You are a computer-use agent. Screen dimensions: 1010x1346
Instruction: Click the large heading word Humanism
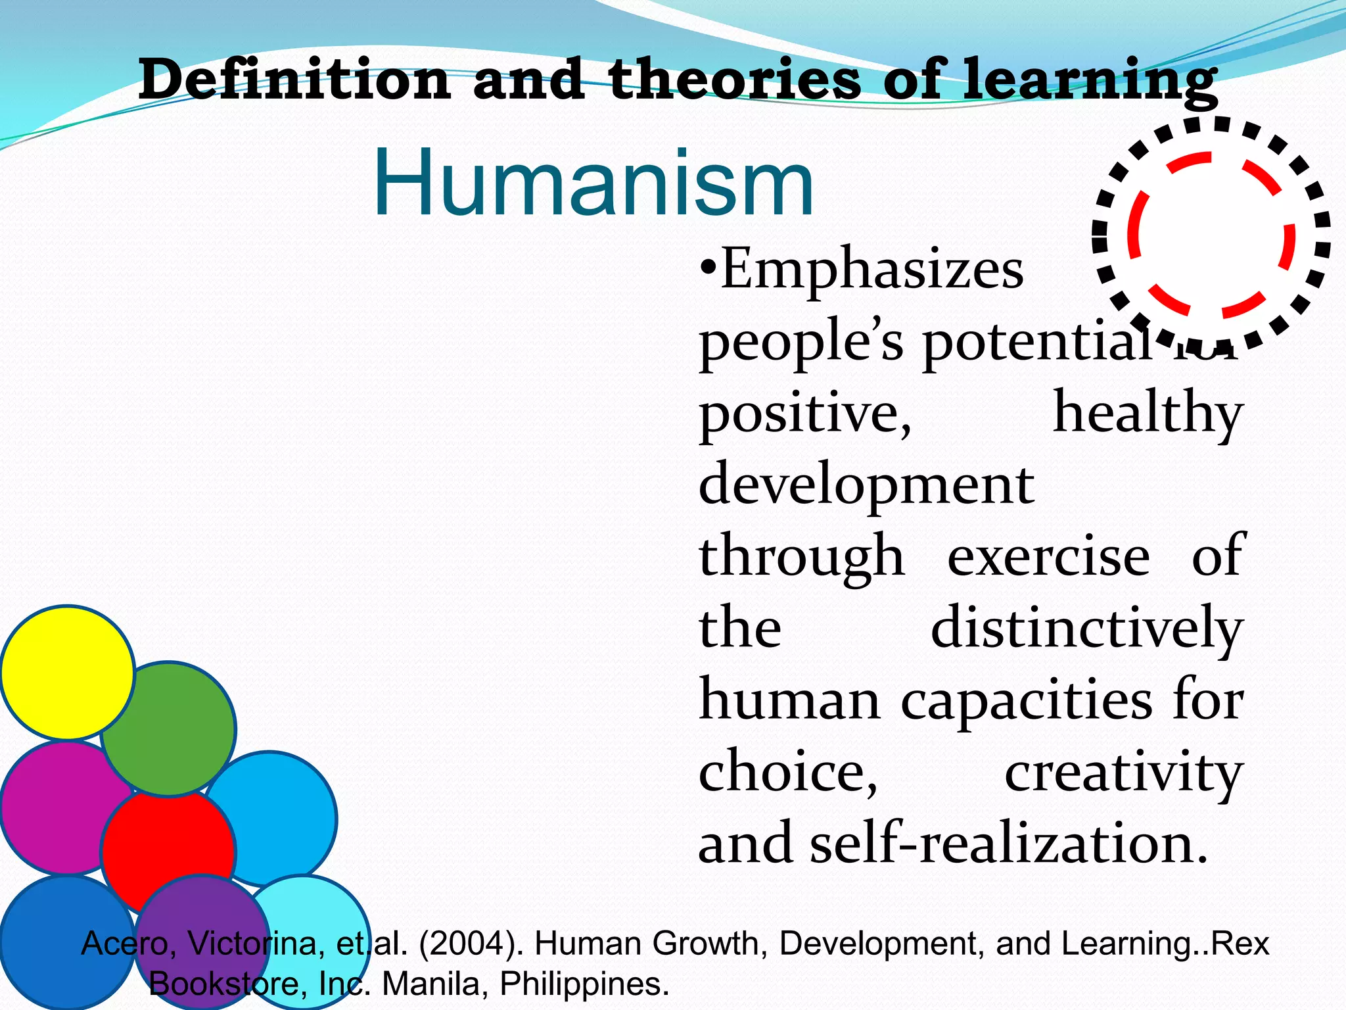click(593, 183)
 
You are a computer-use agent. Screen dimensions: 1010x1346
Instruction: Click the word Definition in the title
click(294, 80)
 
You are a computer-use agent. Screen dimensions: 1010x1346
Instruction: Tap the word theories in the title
click(733, 80)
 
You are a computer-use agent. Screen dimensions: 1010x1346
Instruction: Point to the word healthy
click(1148, 414)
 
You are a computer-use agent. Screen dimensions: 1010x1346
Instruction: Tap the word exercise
click(1048, 556)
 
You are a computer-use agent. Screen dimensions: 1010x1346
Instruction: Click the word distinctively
click(1086, 629)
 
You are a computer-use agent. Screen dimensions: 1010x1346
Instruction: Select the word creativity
click(1123, 773)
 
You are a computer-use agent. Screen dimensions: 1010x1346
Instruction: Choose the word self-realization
click(1008, 844)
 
